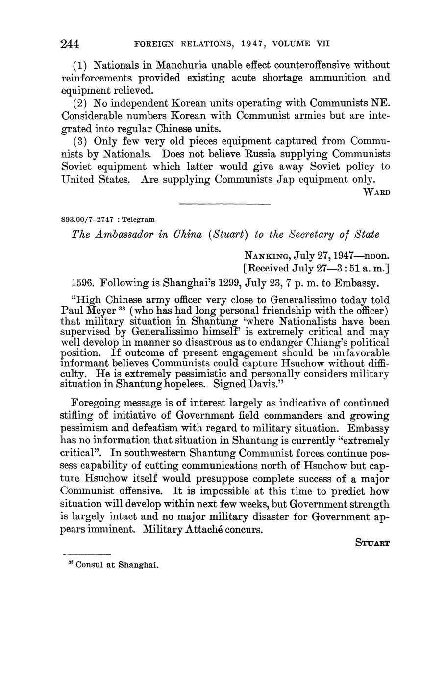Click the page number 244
pyautogui.click(x=70, y=44)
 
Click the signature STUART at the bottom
pyautogui.click(x=372, y=543)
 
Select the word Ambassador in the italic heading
pyautogui.click(x=124, y=234)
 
